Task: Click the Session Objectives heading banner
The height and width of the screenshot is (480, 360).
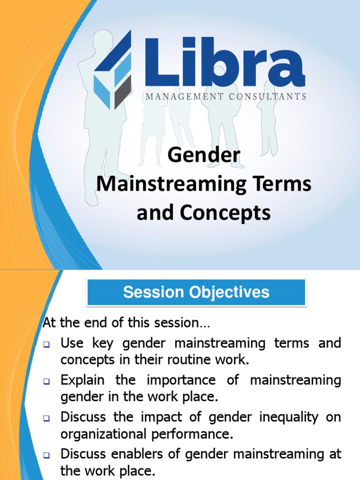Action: [x=196, y=292]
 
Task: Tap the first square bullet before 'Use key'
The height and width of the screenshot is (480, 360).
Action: [x=47, y=344]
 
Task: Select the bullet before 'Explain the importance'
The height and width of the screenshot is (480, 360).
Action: [x=47, y=381]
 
